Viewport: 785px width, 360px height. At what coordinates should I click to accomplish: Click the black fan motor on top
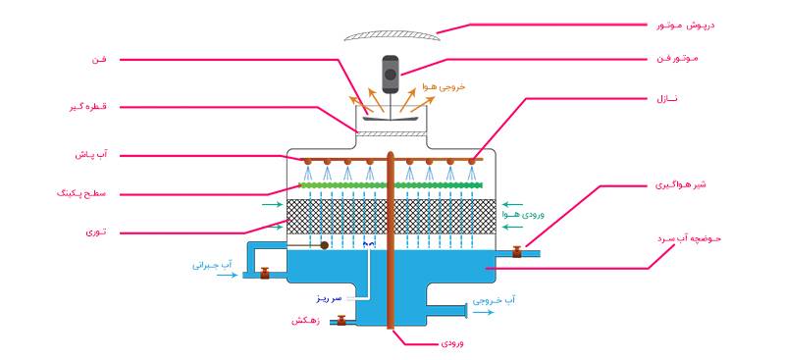pos(391,74)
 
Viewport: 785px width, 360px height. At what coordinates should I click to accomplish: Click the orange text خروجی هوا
pos(443,87)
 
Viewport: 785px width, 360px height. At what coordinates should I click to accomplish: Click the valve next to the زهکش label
pos(340,320)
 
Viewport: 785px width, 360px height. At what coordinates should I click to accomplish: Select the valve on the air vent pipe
pos(517,253)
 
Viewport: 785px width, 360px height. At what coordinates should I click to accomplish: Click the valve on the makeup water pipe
pos(264,274)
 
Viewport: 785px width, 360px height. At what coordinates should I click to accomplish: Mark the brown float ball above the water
pos(325,244)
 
